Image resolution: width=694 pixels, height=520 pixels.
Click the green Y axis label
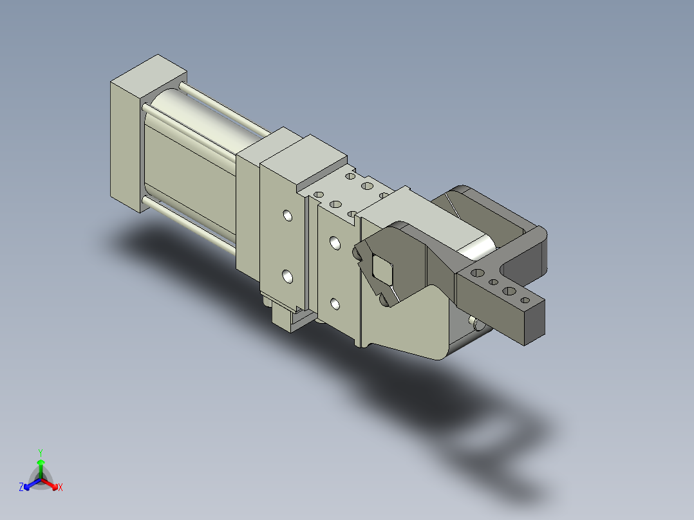[x=41, y=452]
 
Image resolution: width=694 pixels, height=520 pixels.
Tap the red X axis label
[x=61, y=487]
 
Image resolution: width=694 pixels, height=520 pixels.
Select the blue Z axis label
[x=21, y=487]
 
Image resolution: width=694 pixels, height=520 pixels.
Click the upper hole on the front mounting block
[x=288, y=216]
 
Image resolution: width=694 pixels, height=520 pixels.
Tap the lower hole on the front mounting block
[x=287, y=277]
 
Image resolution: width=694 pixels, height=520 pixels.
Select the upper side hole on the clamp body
[x=335, y=243]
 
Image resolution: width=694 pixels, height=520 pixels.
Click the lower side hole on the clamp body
[x=335, y=304]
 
